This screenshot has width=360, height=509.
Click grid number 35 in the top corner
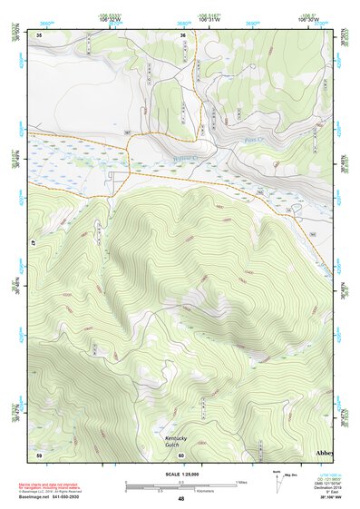pos(40,34)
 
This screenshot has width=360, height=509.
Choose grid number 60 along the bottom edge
pos(181,454)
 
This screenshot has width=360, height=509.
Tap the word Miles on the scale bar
pos(242,481)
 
